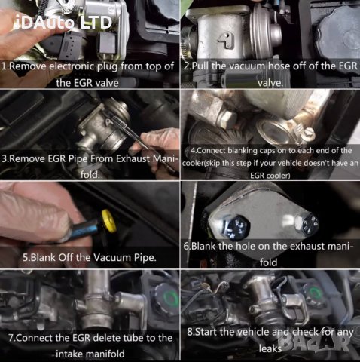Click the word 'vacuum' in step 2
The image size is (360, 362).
pyautogui.click(x=249, y=66)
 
